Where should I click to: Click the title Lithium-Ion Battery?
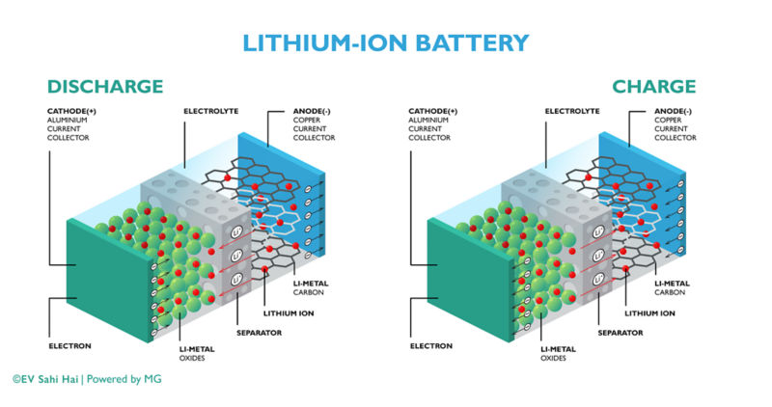click(x=386, y=42)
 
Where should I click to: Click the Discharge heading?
click(x=105, y=87)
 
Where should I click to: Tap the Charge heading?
click(x=653, y=87)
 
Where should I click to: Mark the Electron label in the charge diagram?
click(x=430, y=344)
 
